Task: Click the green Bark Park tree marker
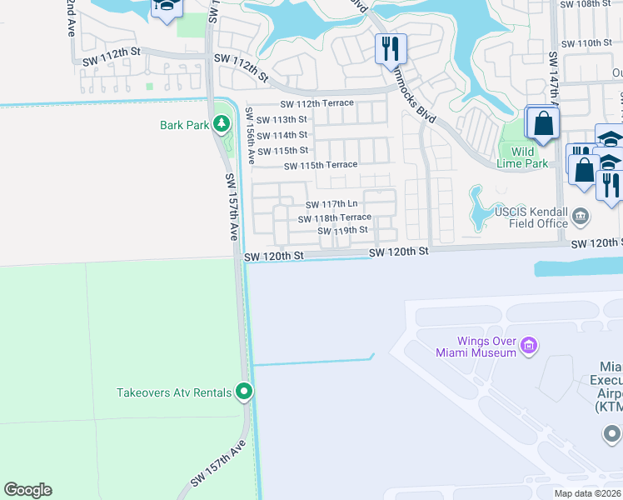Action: (x=221, y=125)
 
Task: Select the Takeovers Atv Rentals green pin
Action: (x=244, y=391)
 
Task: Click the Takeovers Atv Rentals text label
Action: (x=174, y=392)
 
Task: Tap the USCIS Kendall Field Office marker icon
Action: (x=581, y=217)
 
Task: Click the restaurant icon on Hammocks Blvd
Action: (x=390, y=49)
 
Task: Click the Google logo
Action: (x=27, y=490)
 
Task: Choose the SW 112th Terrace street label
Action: (x=317, y=103)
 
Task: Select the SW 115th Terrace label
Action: (x=321, y=165)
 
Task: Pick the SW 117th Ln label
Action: (x=331, y=204)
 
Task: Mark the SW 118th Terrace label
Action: (x=335, y=217)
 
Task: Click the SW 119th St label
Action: (x=342, y=230)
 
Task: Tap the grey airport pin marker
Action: (x=611, y=434)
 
